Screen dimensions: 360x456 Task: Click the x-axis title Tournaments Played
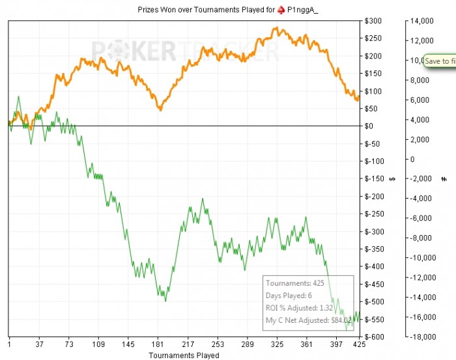[x=184, y=355]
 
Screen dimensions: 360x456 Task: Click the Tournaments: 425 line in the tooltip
[x=294, y=283]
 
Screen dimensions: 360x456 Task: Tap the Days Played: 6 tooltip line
[x=289, y=296]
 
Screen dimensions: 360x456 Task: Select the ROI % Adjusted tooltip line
[x=300, y=307]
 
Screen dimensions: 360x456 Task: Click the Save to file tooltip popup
[x=440, y=61]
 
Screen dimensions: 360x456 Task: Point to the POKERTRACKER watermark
[x=186, y=51]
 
